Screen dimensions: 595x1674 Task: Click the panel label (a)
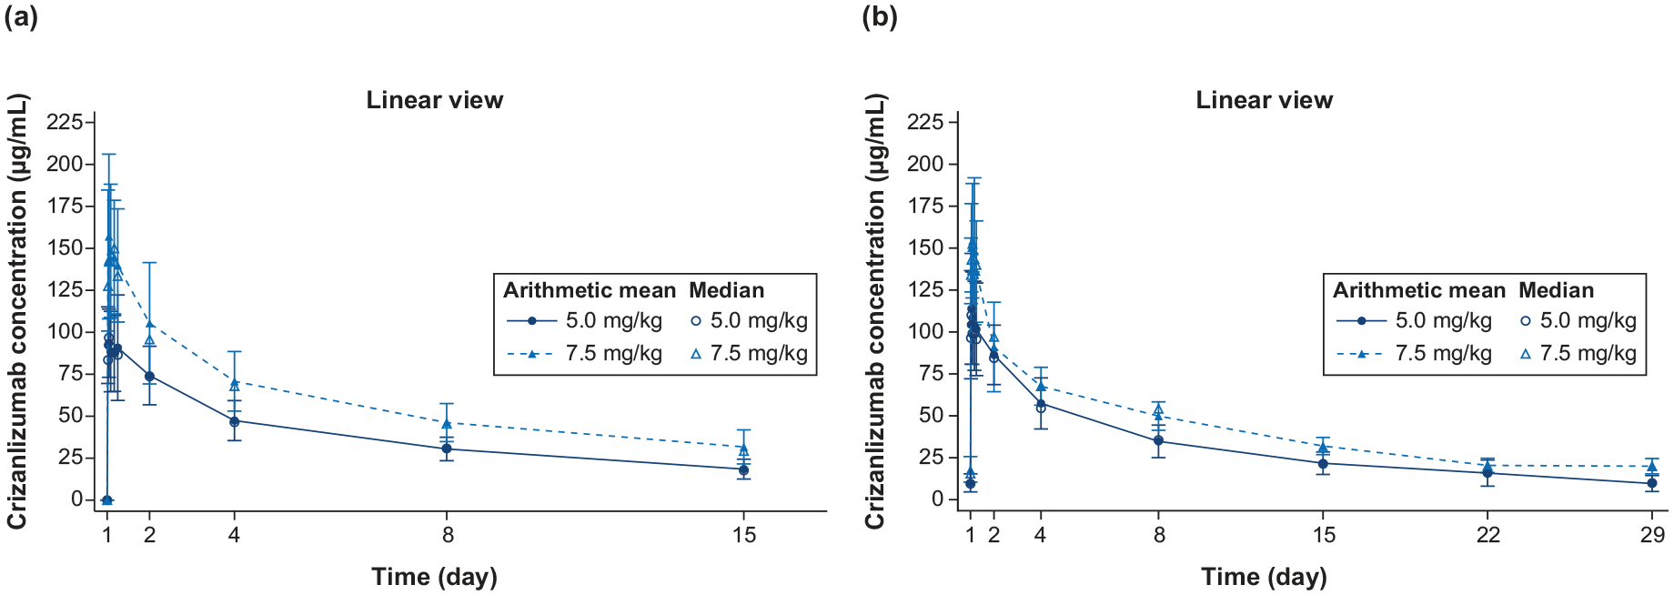coord(21,16)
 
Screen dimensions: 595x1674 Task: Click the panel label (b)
coord(880,16)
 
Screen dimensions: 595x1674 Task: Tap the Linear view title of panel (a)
coord(434,100)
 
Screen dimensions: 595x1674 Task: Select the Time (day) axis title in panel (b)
coord(1264,577)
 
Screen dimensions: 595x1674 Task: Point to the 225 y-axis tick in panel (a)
coord(70,122)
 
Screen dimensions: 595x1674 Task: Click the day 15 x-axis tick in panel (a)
coord(744,535)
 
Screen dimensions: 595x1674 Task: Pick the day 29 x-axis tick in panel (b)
coord(1652,535)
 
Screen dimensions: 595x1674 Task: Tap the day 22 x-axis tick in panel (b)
coord(1487,535)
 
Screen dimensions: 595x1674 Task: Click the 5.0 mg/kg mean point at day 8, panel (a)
coord(447,449)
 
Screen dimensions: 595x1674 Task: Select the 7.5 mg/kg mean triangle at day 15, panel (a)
coord(743,447)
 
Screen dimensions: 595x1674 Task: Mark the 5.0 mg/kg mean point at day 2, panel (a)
coord(149,377)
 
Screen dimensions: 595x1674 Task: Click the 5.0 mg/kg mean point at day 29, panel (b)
coord(1651,483)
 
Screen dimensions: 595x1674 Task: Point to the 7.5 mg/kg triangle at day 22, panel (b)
coord(1487,466)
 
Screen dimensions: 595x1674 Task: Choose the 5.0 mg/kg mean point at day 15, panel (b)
coord(1323,463)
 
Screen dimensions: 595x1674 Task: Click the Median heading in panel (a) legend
coord(726,290)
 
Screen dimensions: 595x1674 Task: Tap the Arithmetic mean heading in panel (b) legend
coord(1418,290)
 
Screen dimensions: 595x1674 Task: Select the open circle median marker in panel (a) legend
coord(696,321)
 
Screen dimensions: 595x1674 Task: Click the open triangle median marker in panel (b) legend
coord(1526,354)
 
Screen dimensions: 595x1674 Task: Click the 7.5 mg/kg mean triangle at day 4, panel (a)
coord(234,382)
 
